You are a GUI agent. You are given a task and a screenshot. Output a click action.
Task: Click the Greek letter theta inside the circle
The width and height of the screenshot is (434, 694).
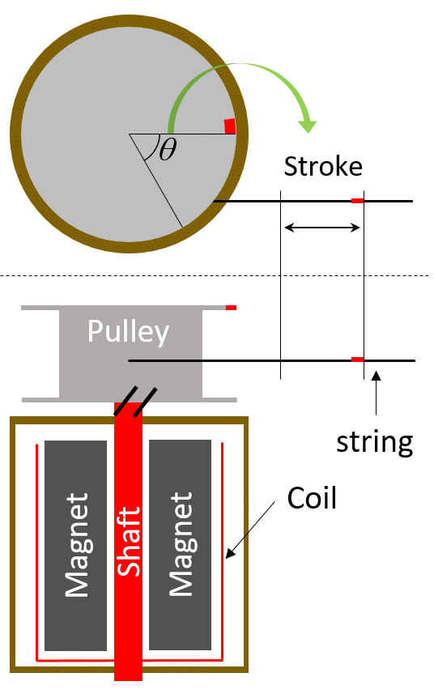click(168, 149)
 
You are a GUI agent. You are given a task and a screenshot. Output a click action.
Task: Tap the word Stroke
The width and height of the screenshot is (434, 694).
click(323, 167)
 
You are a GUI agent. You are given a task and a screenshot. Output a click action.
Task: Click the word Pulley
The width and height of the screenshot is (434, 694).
click(128, 331)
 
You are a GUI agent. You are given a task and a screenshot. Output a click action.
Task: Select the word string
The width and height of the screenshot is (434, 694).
click(375, 441)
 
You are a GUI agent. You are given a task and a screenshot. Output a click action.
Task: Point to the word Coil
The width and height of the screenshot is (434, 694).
click(312, 498)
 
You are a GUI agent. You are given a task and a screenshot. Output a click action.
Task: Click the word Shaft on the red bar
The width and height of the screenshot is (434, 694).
click(128, 542)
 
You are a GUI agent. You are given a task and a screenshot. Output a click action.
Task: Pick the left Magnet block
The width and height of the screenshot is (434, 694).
click(75, 545)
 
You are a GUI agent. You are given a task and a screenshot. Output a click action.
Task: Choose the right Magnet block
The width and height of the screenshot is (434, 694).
click(180, 545)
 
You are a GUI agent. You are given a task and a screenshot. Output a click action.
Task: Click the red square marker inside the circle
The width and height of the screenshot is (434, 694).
click(230, 126)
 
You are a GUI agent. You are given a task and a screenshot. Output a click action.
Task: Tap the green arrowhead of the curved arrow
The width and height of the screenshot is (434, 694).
click(308, 126)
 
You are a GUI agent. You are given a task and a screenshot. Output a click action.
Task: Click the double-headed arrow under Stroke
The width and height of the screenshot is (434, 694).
click(322, 228)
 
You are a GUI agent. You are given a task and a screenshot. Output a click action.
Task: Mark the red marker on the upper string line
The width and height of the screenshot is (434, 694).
click(357, 201)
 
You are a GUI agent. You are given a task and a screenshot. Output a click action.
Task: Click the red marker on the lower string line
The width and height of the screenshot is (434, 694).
click(357, 360)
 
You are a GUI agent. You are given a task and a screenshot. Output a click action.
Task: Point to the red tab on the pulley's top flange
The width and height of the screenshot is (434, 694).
click(231, 308)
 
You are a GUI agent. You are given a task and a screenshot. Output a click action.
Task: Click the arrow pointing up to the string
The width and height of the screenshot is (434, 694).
click(376, 393)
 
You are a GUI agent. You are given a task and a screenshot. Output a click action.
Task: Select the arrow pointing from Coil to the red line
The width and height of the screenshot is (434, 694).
click(250, 530)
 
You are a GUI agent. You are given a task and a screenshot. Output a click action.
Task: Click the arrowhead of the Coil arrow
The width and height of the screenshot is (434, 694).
click(230, 554)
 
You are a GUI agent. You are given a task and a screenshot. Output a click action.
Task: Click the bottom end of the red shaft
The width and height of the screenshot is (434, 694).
click(128, 680)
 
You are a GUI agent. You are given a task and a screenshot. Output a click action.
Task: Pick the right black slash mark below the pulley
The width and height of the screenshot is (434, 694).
click(145, 402)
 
